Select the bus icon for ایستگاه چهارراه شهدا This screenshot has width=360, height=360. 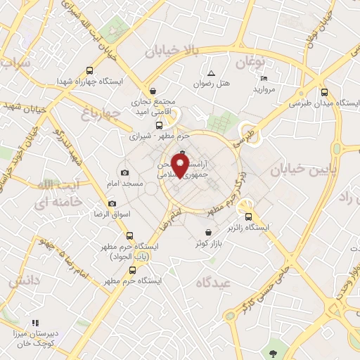click(x=89, y=70)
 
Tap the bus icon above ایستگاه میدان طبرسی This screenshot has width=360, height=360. click(x=324, y=91)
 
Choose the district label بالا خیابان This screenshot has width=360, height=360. click(x=172, y=51)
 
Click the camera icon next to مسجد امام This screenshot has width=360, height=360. click(x=125, y=173)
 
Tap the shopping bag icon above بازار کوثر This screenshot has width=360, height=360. click(x=208, y=233)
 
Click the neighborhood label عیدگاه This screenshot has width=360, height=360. click(x=214, y=283)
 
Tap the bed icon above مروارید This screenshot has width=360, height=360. click(x=264, y=78)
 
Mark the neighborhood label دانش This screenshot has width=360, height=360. click(x=23, y=280)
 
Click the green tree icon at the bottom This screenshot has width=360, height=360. click(x=273, y=352)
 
